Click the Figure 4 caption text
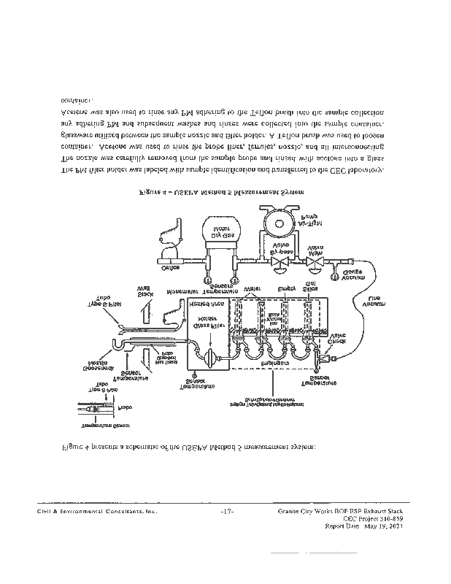pos(220,192)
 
